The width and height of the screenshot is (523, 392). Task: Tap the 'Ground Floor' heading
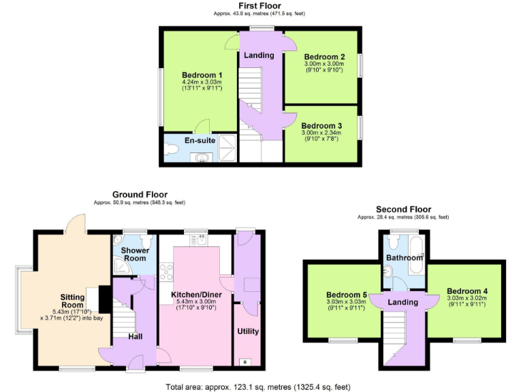[140, 195]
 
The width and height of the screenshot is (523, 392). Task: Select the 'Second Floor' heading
[403, 209]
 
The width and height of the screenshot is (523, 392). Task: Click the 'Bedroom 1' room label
[202, 75]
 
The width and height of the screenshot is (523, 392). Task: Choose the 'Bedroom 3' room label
[321, 126]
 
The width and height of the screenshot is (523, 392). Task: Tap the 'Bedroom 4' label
[466, 291]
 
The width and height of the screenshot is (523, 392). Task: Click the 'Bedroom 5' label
[346, 294]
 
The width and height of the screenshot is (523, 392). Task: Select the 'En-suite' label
[200, 140]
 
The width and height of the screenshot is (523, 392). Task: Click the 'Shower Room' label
[135, 255]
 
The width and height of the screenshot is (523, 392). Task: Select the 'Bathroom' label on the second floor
[405, 259]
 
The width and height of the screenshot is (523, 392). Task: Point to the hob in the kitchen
[165, 271]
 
